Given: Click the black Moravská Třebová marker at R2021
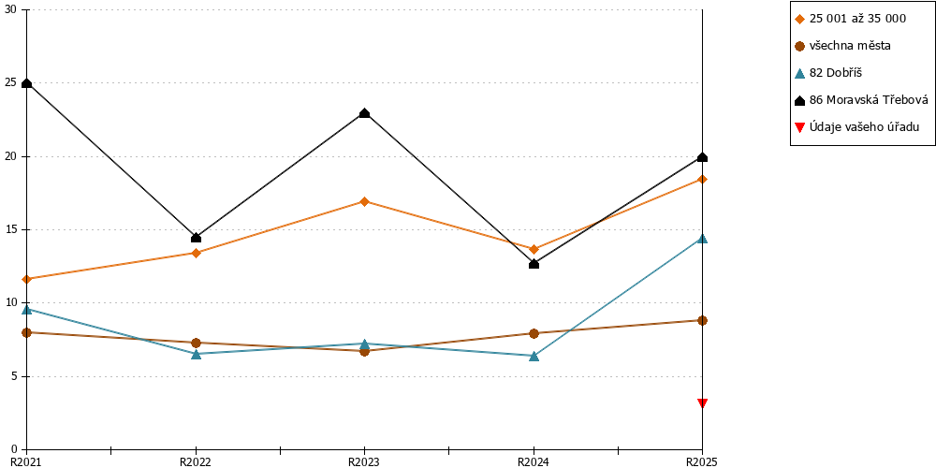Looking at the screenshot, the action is tap(26, 83).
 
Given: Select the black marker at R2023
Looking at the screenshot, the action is tap(364, 113).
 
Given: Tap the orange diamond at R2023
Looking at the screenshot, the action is tap(364, 201).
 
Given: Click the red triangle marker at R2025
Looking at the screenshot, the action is tap(703, 402).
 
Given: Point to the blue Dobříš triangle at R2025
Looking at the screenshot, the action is tap(703, 238).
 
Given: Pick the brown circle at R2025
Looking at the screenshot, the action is tap(703, 320).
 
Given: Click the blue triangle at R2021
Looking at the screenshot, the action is tap(26, 309).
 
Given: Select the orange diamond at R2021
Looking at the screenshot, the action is tap(26, 279).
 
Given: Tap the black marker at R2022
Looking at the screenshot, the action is tap(196, 238).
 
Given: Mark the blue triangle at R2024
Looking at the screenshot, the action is tap(534, 356).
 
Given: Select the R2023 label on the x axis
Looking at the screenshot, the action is tap(364, 461).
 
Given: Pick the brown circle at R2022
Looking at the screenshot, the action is tap(196, 343).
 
